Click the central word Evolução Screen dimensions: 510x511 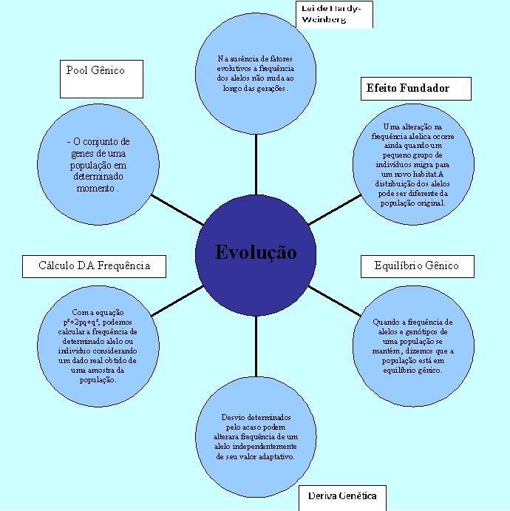[x=256, y=252]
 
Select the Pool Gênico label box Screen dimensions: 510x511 [x=101, y=78]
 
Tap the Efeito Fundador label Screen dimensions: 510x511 [x=407, y=88]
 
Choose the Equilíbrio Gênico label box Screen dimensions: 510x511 [x=416, y=265]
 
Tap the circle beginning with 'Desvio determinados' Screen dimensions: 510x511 [x=255, y=436]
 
